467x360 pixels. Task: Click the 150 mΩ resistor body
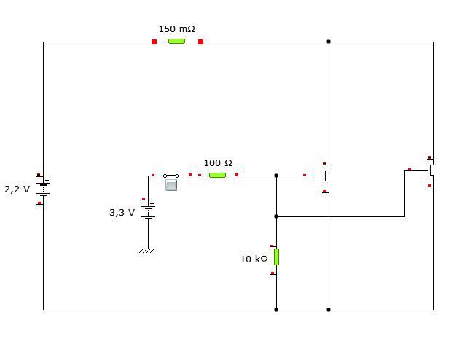click(x=176, y=41)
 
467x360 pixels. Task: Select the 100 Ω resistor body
click(x=217, y=175)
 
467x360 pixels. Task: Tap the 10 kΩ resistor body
click(x=276, y=257)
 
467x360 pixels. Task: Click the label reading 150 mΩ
click(x=176, y=29)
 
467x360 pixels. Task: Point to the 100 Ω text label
click(x=218, y=163)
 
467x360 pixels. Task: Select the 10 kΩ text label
click(x=254, y=259)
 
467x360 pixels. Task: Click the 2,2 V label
click(x=17, y=189)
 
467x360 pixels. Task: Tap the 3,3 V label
click(x=122, y=213)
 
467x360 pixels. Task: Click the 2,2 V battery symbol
click(x=44, y=189)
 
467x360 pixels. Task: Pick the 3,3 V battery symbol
click(x=149, y=212)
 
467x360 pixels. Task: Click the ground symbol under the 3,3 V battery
click(x=147, y=251)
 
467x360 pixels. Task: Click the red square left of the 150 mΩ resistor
click(x=154, y=42)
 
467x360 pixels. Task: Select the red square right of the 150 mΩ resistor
click(x=201, y=42)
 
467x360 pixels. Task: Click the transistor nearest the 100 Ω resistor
click(x=326, y=176)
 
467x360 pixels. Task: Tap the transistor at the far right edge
click(x=431, y=171)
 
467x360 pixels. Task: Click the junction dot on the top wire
click(x=329, y=42)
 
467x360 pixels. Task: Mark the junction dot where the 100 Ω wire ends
click(x=276, y=176)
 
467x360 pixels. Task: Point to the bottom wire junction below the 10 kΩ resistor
click(x=276, y=310)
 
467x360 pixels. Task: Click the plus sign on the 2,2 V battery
click(x=47, y=180)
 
